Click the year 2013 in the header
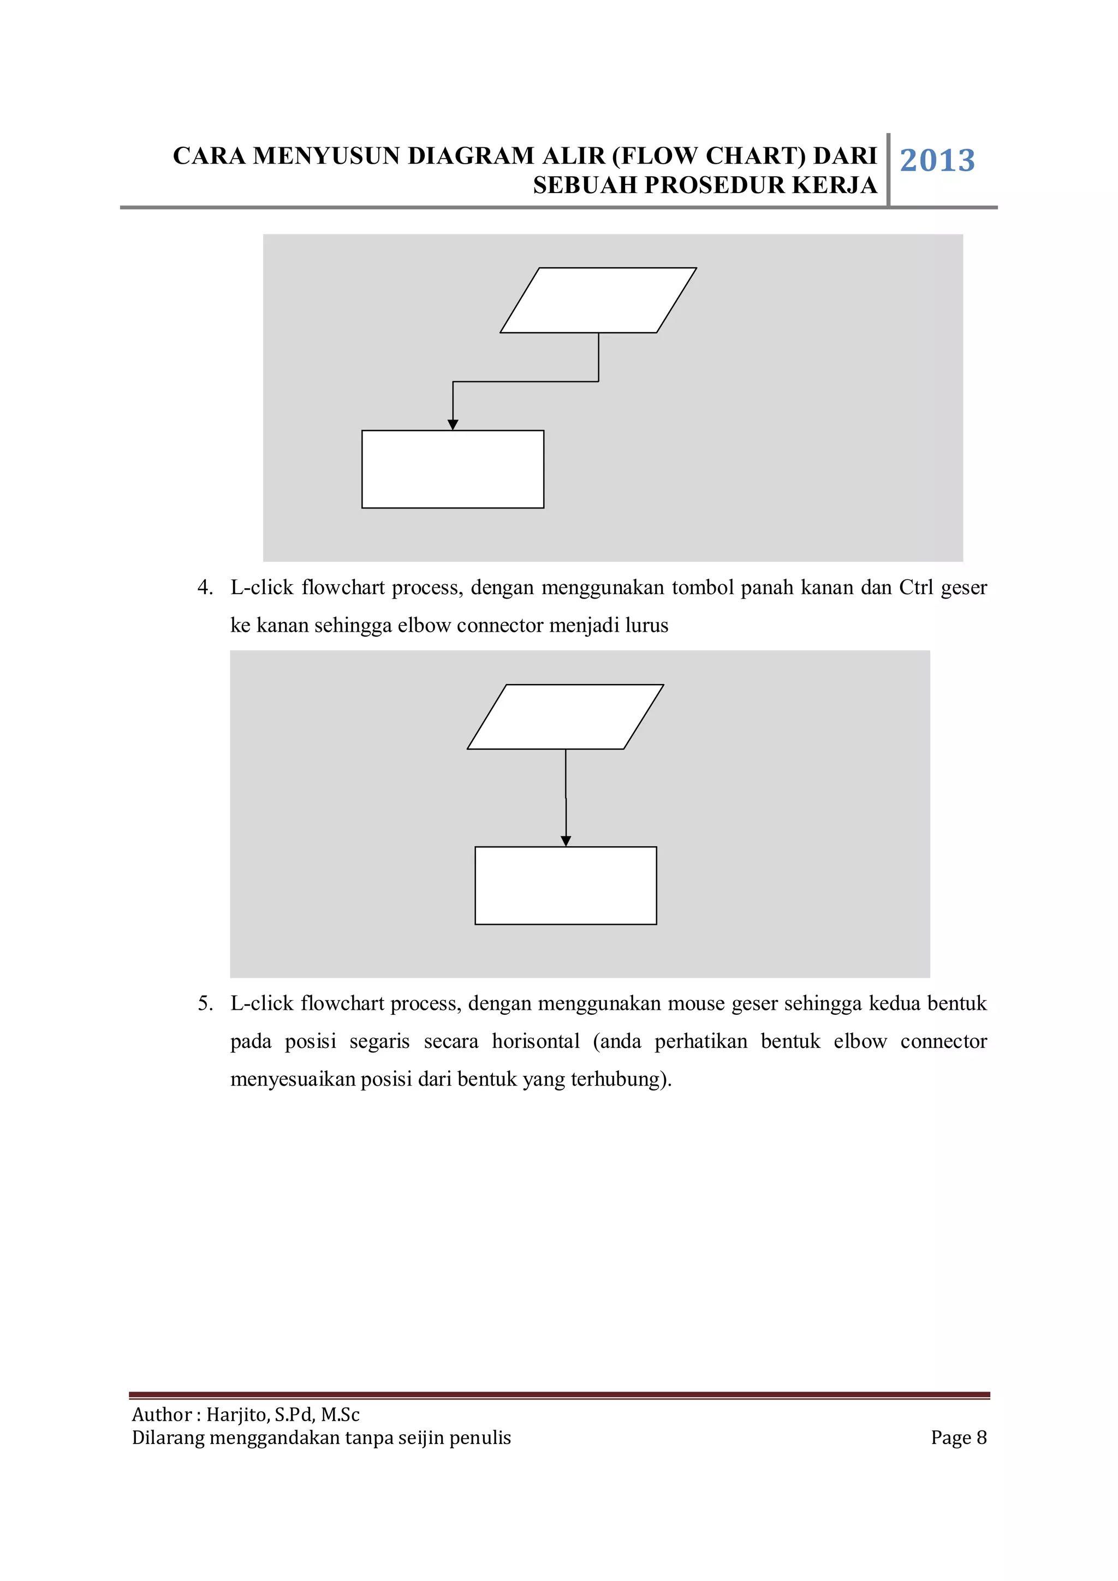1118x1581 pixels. coord(937,160)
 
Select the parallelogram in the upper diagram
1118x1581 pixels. coord(598,300)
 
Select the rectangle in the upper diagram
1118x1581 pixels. coord(453,469)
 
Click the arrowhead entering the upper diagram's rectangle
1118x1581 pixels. coord(453,425)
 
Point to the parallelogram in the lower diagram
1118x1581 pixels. coord(565,716)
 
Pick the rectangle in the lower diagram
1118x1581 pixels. coord(566,885)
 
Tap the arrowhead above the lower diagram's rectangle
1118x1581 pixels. coord(566,841)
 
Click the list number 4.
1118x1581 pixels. coord(205,588)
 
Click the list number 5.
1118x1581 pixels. coord(205,1003)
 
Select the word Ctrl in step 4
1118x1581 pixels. coord(915,588)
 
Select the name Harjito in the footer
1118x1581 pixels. coord(236,1415)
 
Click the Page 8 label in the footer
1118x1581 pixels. coord(958,1437)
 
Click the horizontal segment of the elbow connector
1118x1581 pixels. coord(525,381)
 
